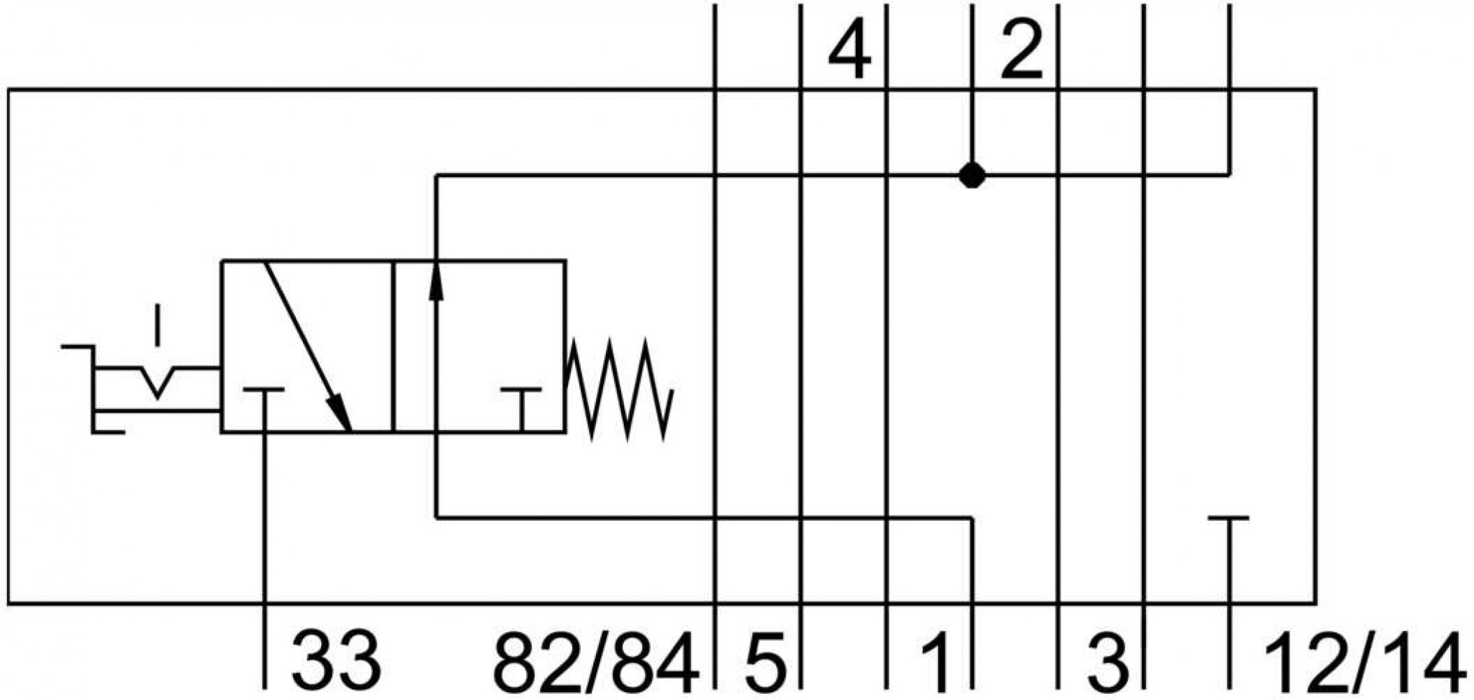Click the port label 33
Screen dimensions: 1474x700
point(336,660)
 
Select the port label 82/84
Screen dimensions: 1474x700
point(596,660)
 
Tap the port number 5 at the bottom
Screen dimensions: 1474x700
point(764,660)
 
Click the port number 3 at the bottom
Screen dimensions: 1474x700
point(1107,660)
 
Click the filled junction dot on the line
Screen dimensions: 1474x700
point(972,175)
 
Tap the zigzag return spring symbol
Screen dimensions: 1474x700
point(620,389)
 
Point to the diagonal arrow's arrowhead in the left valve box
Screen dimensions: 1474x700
point(338,413)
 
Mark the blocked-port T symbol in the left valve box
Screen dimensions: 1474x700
point(263,410)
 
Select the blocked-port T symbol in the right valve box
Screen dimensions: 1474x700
point(522,410)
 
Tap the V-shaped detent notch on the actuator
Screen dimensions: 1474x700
point(158,382)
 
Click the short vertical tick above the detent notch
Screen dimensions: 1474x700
point(158,326)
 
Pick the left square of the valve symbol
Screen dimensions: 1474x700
point(307,346)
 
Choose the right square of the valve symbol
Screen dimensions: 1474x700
point(479,346)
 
